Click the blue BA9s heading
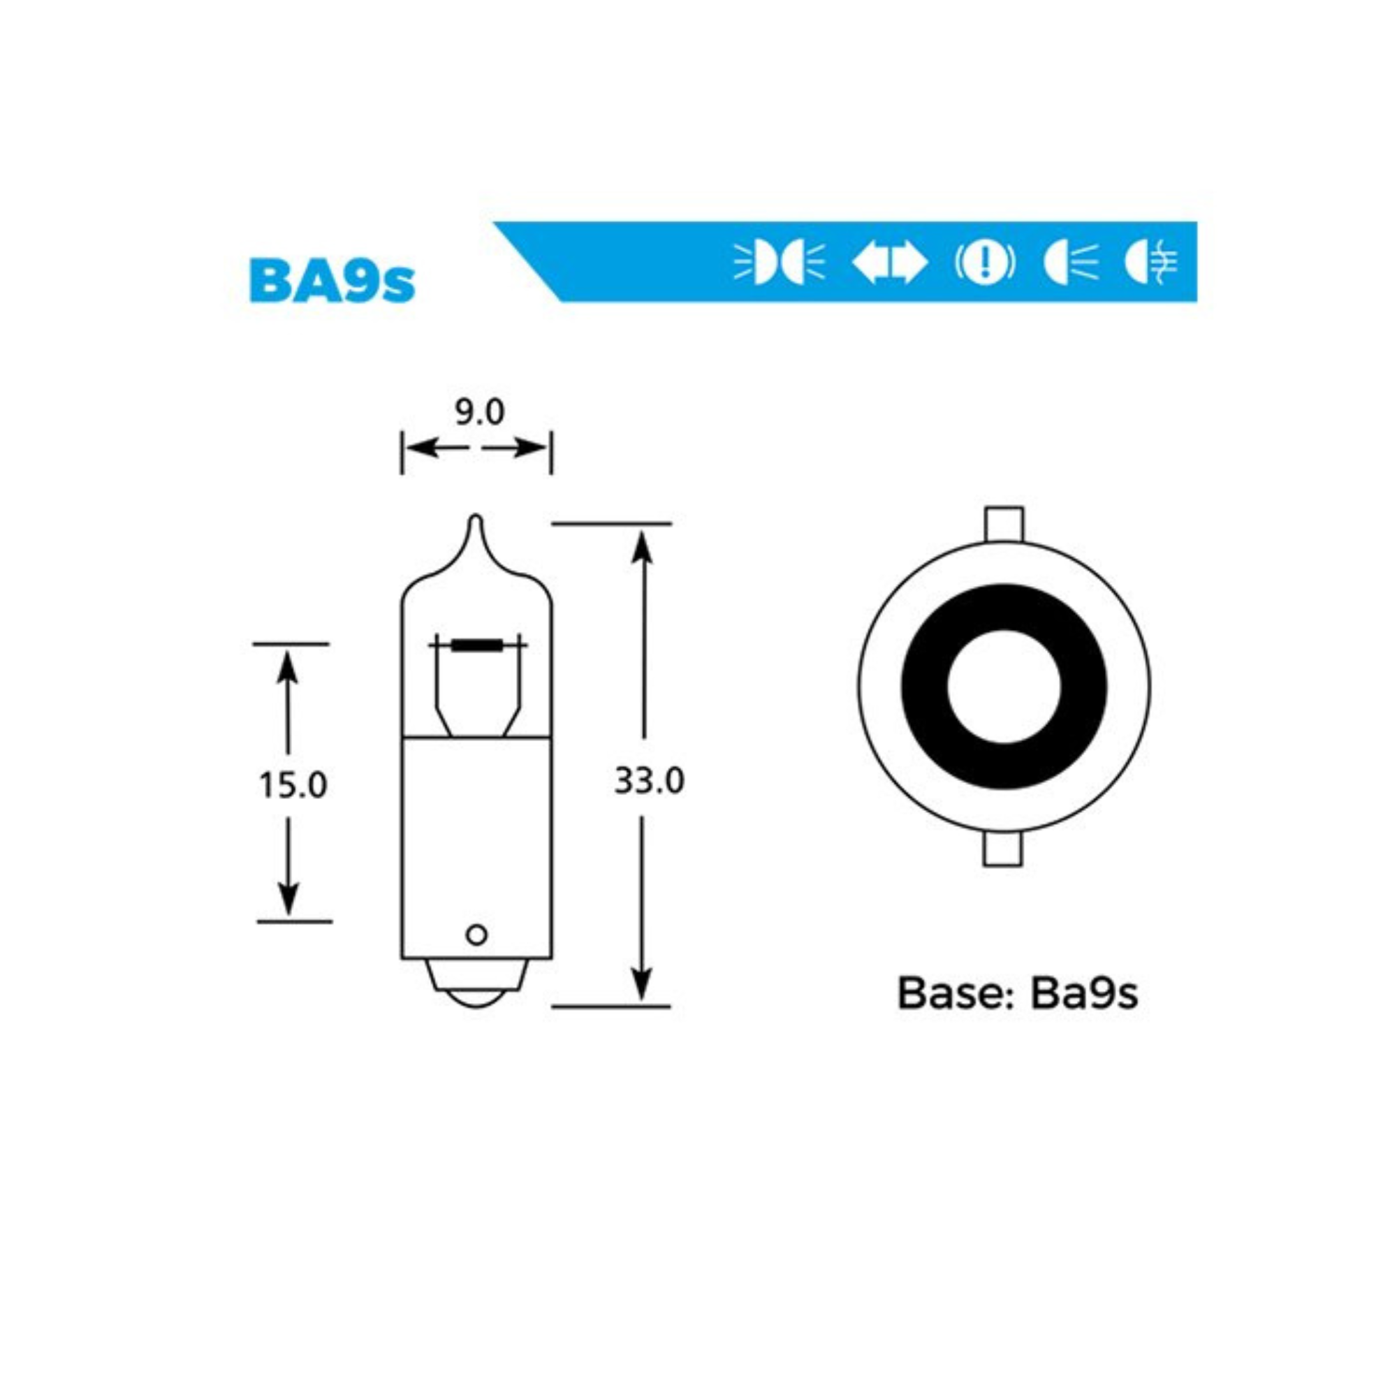pos(332,281)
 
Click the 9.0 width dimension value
pos(478,412)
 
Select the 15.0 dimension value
pos(293,784)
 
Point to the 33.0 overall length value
pos(649,781)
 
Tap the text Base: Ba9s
pos(1018,993)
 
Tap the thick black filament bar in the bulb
pos(478,644)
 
